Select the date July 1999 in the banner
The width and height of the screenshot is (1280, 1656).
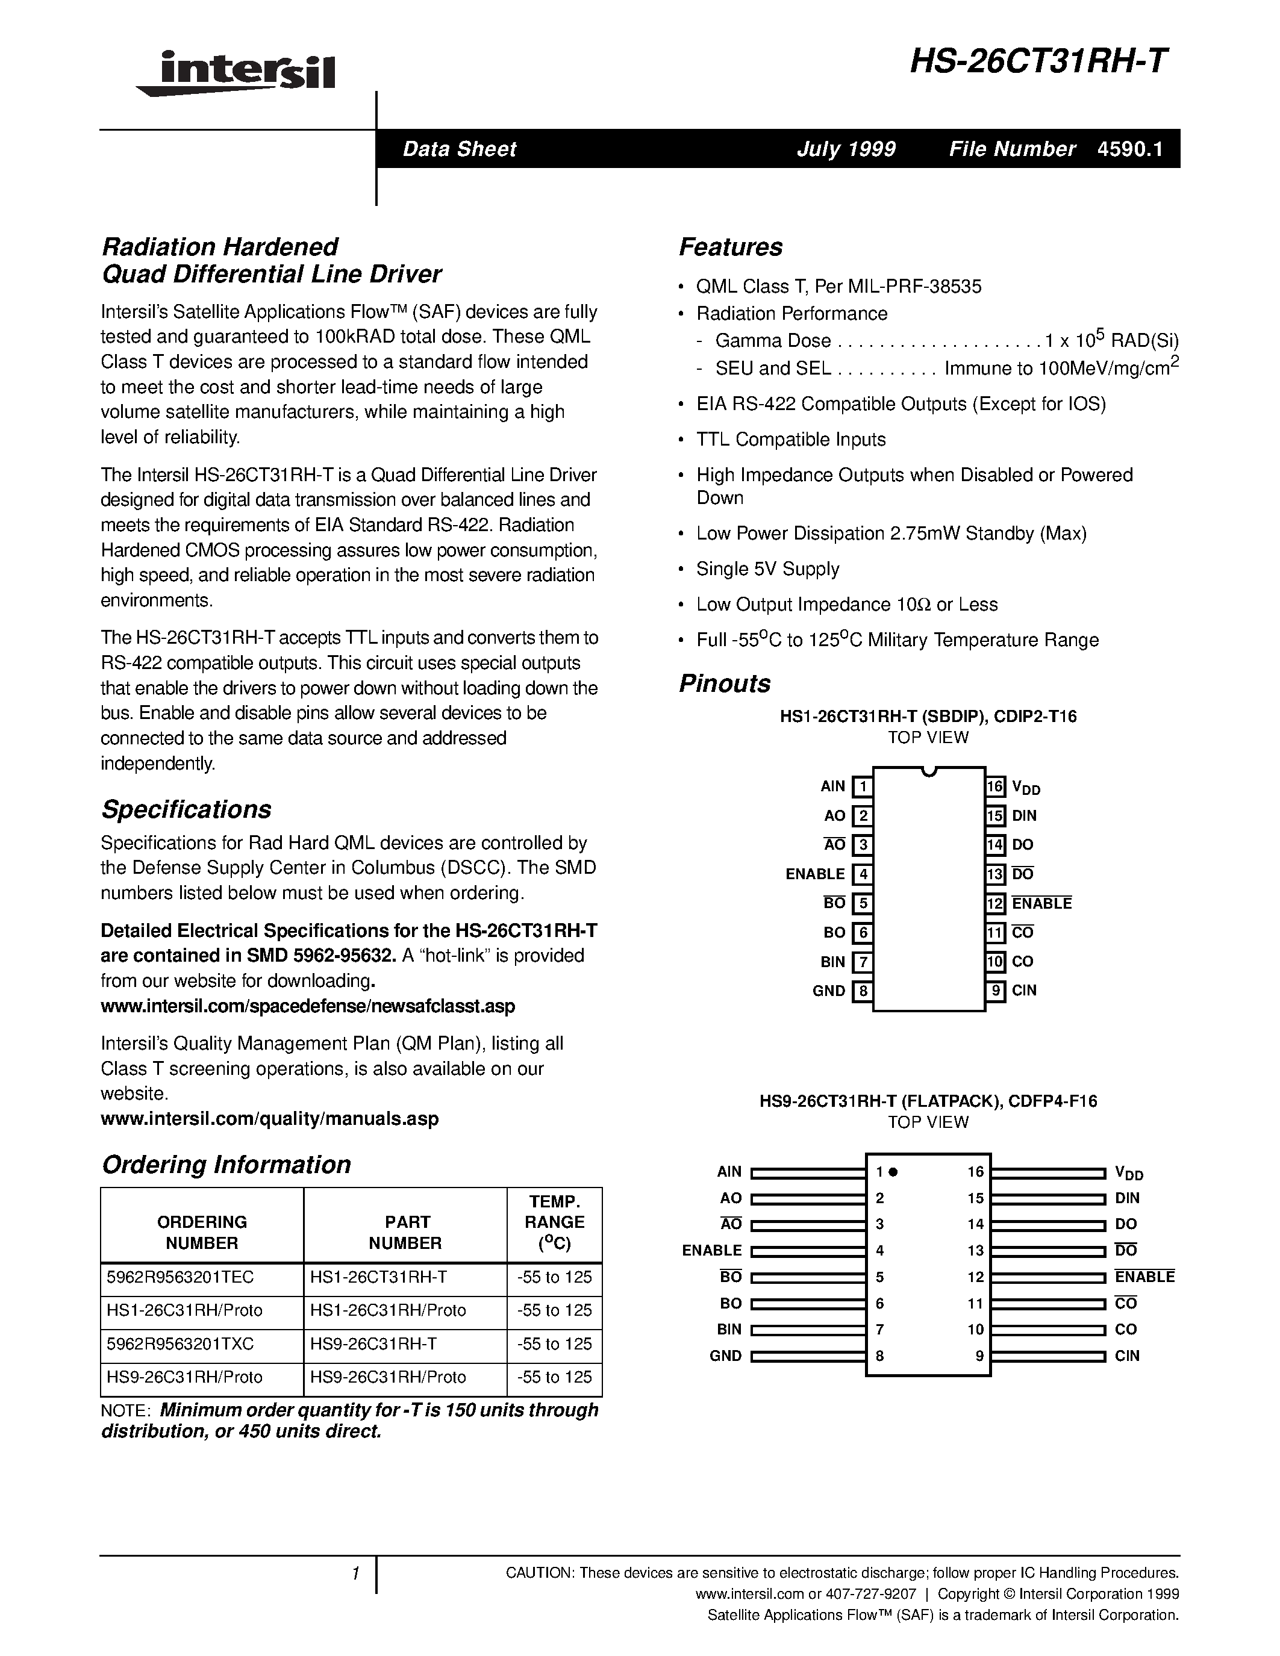846,149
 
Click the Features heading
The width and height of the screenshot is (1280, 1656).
730,247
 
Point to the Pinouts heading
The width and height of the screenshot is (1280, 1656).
724,683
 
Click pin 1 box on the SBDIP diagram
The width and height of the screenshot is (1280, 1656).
862,787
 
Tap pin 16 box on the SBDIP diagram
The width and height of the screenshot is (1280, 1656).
995,787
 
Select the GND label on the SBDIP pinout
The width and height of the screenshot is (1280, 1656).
828,991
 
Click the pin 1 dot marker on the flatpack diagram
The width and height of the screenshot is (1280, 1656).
893,1171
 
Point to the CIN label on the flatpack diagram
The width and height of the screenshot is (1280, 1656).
1127,1356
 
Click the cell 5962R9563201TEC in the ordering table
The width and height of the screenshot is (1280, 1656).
181,1277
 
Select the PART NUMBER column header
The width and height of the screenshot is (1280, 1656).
406,1232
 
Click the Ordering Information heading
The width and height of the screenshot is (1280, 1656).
226,1165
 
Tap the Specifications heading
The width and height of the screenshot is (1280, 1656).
187,809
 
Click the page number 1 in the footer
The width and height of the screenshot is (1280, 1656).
354,1574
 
